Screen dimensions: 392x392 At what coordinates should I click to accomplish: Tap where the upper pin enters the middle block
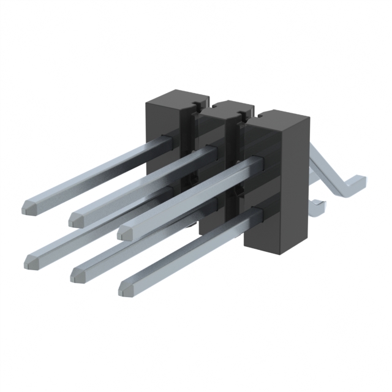pyautogui.click(x=211, y=149)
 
